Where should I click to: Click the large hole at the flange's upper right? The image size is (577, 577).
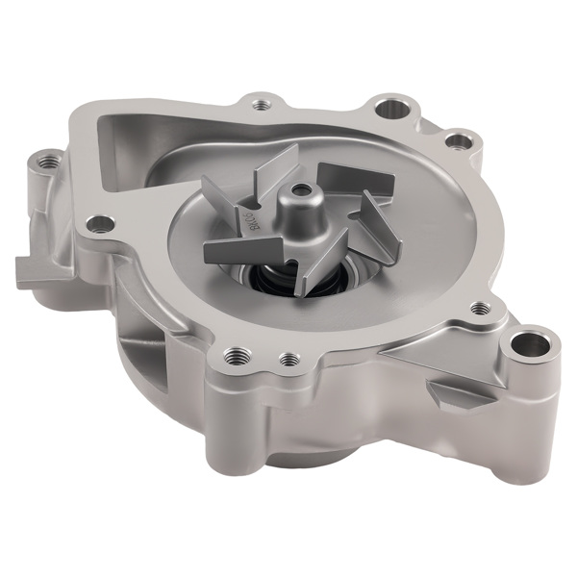(x=391, y=109)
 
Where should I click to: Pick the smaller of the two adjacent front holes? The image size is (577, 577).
(x=287, y=360)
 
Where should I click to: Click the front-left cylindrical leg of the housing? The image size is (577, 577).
(x=231, y=414)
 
